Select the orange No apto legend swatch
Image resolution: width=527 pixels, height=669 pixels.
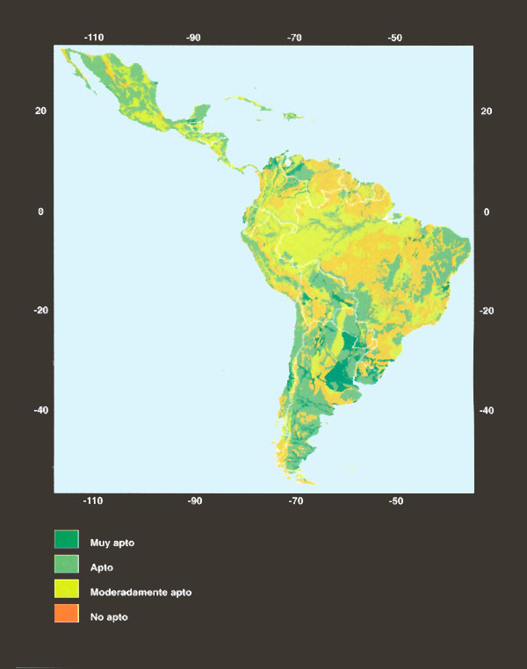[67, 615]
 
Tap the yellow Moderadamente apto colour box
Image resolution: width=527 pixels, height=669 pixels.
[67, 591]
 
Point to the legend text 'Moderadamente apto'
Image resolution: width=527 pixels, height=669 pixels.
[141, 592]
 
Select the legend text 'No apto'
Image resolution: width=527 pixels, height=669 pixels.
[109, 616]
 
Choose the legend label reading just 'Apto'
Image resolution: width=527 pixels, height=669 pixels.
[101, 567]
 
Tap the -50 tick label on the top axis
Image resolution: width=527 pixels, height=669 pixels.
[395, 38]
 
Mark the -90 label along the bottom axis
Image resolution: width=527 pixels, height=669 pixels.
[194, 501]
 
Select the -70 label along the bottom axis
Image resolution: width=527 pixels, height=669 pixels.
[295, 501]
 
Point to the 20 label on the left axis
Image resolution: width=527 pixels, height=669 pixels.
[40, 111]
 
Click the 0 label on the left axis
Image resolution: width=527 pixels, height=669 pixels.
[40, 212]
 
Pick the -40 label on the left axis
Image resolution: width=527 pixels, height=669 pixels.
[40, 410]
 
